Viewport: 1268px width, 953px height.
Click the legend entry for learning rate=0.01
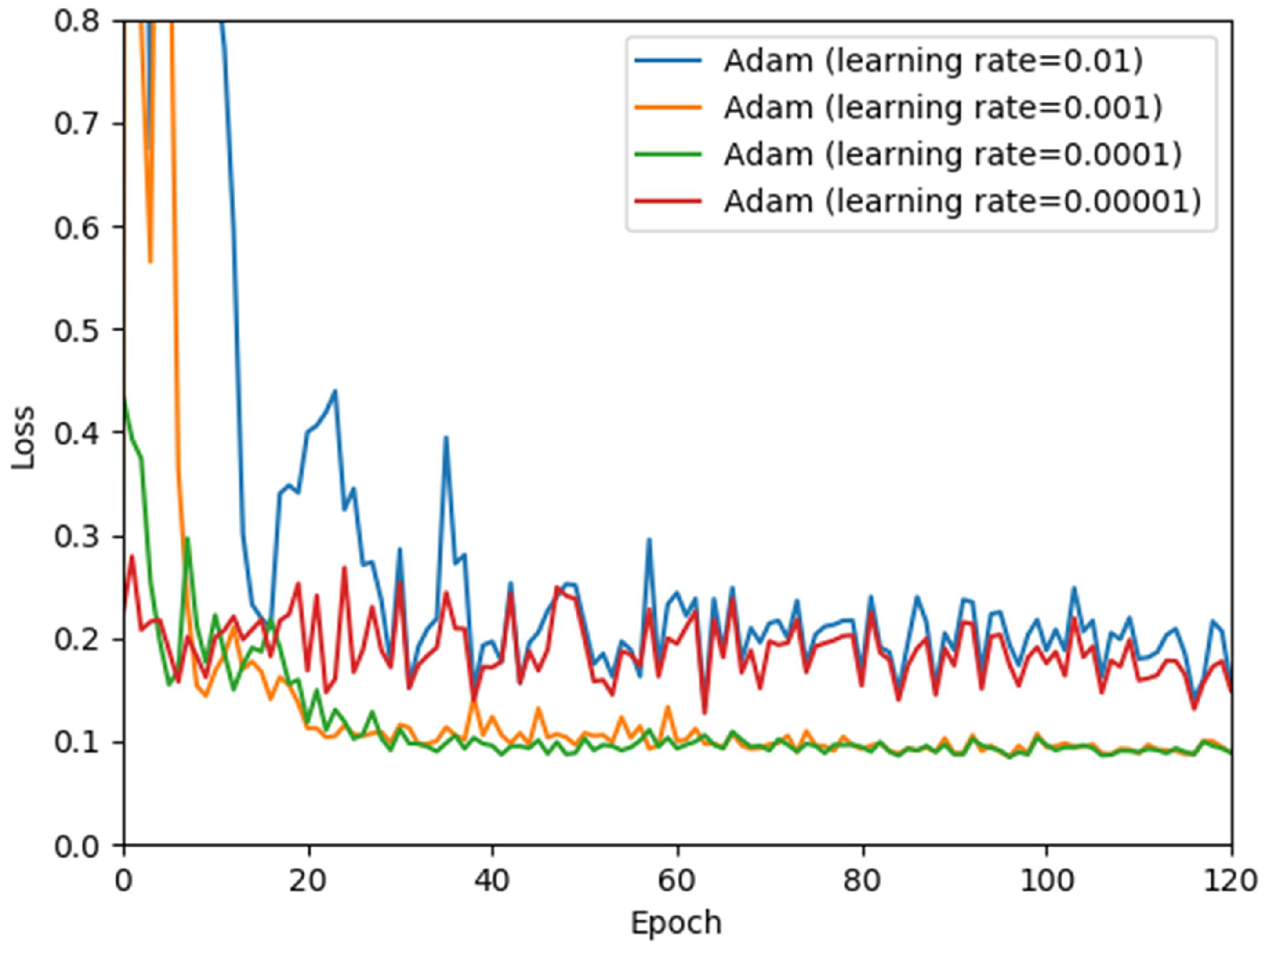tap(933, 61)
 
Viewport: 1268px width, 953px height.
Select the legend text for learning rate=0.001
tap(943, 108)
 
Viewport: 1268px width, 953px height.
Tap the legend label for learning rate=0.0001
tap(952, 155)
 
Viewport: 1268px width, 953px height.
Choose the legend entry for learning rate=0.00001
tap(962, 201)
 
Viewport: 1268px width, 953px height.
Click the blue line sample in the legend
tap(667, 61)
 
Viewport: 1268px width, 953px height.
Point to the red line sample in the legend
tap(667, 201)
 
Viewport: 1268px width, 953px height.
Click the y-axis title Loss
tap(24, 437)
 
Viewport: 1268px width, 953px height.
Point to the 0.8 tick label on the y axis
tap(76, 21)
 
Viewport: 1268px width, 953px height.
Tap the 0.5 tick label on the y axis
tap(76, 330)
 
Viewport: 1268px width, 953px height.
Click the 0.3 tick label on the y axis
tap(76, 536)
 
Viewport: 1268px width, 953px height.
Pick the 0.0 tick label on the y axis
tap(76, 846)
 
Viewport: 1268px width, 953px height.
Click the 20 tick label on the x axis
tap(307, 881)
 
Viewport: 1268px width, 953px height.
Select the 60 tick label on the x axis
tap(676, 881)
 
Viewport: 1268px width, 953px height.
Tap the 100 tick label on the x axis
tap(1046, 881)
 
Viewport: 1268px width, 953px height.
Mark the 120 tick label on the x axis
tap(1230, 881)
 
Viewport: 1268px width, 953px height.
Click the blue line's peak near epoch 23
tap(335, 391)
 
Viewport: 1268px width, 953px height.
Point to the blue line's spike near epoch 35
tap(446, 437)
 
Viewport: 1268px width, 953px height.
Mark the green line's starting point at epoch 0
tap(124, 397)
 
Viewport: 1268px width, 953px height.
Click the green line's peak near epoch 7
tap(188, 539)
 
